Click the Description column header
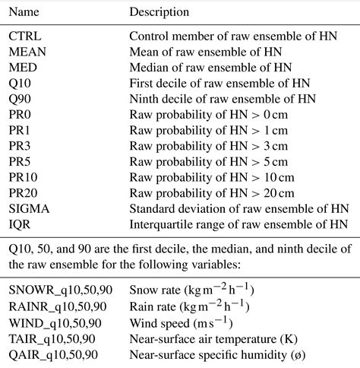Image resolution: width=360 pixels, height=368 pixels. coord(159,13)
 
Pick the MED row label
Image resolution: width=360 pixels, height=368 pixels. coord(23,67)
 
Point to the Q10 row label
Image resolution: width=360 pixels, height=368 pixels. coord(21,83)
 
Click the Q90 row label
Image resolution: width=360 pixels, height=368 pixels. coord(21,99)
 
